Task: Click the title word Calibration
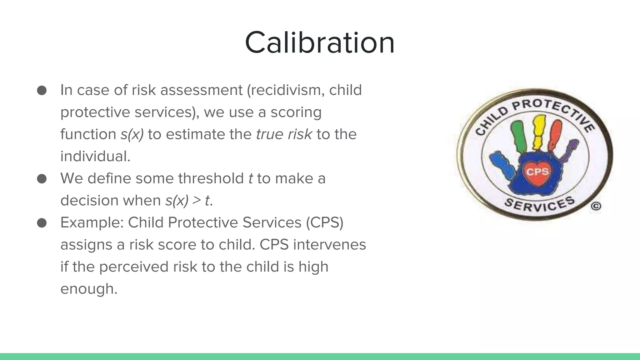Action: coord(320,43)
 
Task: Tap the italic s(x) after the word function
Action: coord(132,134)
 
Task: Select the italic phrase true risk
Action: coord(284,134)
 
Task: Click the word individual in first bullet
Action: coord(95,156)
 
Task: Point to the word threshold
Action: coord(211,178)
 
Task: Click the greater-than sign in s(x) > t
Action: coord(197,200)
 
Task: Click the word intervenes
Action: coord(329,245)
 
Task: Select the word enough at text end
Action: coord(88,289)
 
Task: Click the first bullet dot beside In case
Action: coord(42,91)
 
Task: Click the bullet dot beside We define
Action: coord(42,179)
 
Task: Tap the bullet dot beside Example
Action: coord(42,223)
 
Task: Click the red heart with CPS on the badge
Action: coord(537,172)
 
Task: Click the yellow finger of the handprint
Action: coord(539,131)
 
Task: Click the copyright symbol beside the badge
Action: coord(596,207)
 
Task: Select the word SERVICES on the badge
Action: coord(540,205)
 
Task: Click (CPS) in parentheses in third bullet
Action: coord(325,222)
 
